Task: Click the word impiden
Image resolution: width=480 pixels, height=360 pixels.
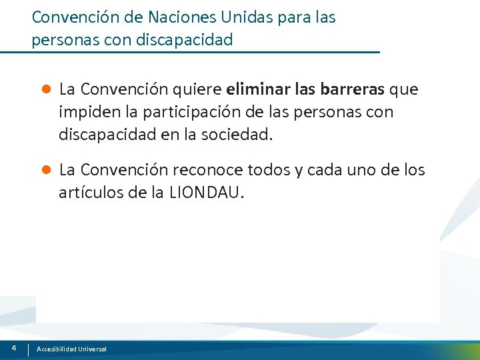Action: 85,112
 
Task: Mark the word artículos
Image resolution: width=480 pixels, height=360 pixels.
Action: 86,193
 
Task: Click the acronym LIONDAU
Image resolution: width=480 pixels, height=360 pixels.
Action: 207,193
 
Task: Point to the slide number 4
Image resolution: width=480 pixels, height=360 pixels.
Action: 14,348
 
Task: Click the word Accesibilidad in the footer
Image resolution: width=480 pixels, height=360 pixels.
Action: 56,349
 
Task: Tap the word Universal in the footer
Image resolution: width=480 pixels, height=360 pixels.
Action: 91,349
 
